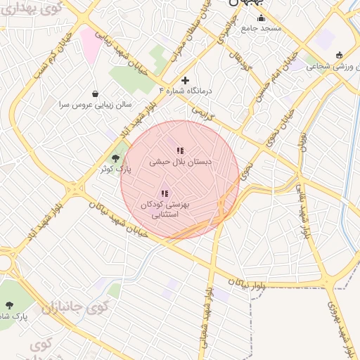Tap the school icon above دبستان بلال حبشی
coord(180,150)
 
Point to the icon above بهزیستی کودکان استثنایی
coord(165,193)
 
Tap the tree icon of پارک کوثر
coord(115,158)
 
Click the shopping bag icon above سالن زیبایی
coord(95,93)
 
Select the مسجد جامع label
coord(261,28)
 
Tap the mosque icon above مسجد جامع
coord(262,18)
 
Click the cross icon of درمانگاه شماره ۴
coord(185,80)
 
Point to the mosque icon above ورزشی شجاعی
coord(340,55)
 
